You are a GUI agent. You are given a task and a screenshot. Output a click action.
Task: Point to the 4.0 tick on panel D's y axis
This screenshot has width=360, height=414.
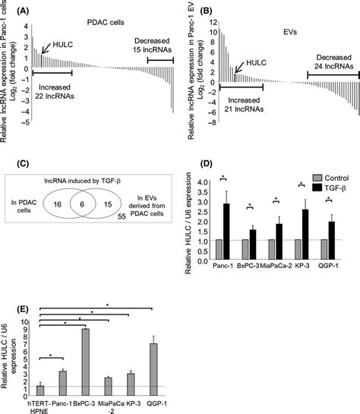201,183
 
